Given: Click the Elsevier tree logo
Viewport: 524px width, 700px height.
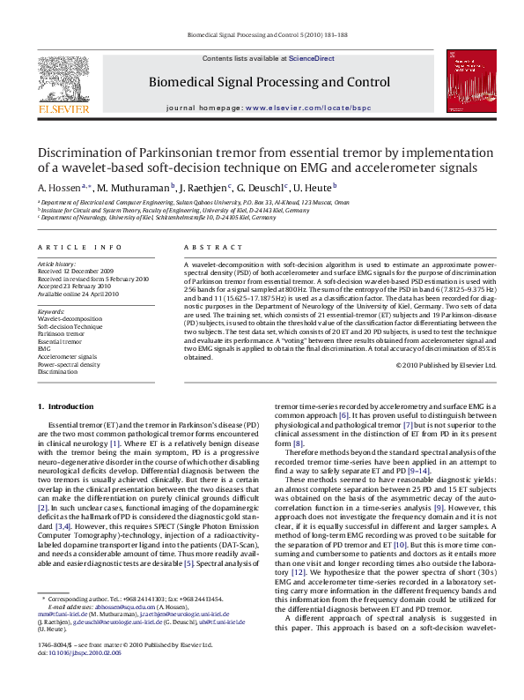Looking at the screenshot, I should (x=63, y=80).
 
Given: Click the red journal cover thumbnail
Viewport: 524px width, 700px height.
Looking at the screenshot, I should (x=467, y=81).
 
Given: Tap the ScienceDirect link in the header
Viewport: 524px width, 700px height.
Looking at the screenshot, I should (x=312, y=58).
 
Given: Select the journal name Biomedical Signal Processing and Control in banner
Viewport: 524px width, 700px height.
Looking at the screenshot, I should (x=269, y=82).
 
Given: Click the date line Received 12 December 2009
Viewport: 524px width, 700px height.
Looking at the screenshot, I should (x=75, y=272).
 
